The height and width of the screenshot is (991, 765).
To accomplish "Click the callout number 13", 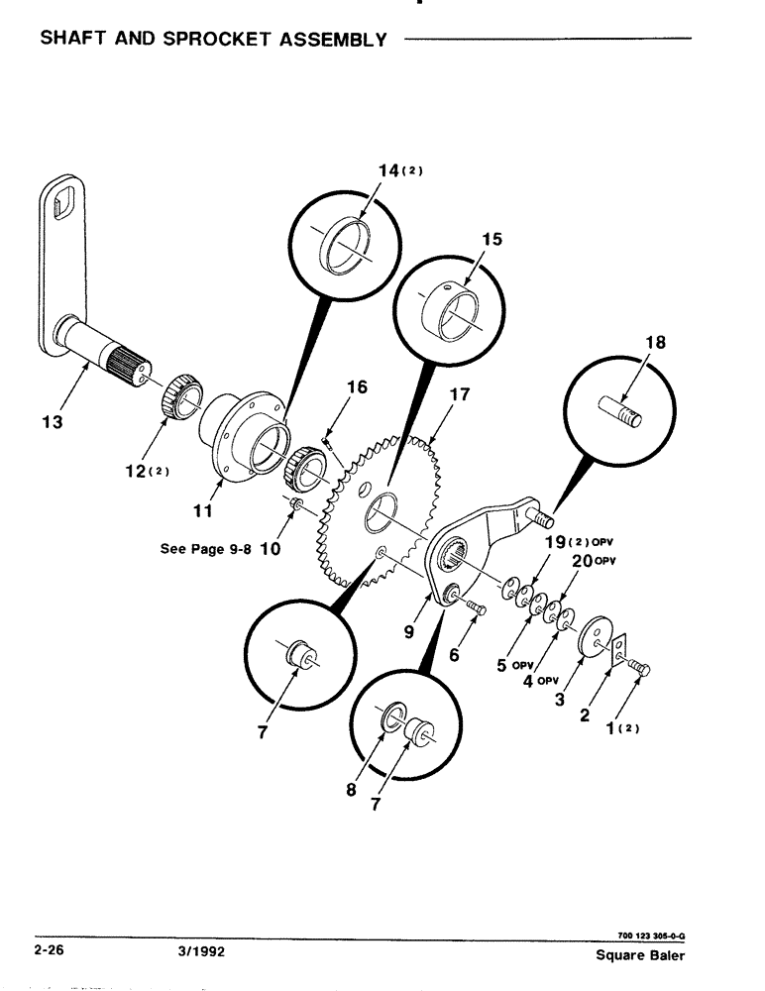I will [53, 421].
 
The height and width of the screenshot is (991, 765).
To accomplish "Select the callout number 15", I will [492, 240].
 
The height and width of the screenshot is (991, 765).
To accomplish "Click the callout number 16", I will [356, 387].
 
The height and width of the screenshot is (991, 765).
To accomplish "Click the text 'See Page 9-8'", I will [207, 548].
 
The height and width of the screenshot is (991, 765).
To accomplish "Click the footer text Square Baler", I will [640, 955].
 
